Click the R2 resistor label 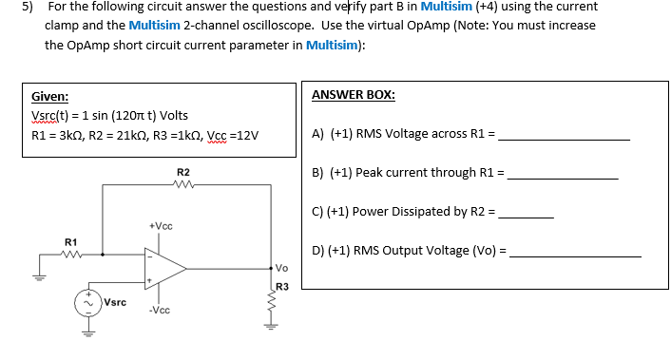(183, 171)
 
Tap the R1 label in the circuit (70, 242)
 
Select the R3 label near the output (281, 287)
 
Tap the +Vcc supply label (161, 225)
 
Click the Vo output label (283, 269)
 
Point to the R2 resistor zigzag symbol (183, 185)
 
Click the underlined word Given (49, 97)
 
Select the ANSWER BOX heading (354, 95)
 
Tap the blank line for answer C (527, 216)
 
